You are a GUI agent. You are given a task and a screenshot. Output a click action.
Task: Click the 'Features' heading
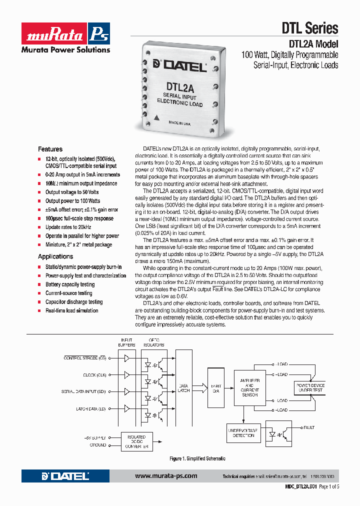(50, 149)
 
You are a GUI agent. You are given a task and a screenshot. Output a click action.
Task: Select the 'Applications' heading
(55, 256)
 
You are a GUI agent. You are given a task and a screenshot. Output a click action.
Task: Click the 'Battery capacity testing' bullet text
(70, 284)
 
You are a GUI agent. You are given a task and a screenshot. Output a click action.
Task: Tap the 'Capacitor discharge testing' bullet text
(74, 302)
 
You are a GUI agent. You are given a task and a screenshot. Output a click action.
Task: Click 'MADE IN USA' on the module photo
(179, 122)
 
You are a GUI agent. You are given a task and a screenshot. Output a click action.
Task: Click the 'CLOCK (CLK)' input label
(94, 375)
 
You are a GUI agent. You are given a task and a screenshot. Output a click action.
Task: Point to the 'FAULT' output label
(309, 427)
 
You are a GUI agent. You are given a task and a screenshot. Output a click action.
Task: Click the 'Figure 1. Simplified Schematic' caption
(197, 458)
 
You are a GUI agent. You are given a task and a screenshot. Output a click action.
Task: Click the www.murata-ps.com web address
(166, 476)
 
